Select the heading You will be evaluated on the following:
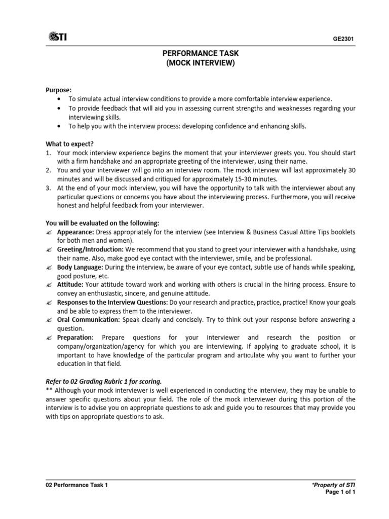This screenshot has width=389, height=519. tap(103, 223)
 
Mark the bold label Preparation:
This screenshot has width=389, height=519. tap(75, 337)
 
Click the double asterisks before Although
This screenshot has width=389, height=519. tap(49, 390)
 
